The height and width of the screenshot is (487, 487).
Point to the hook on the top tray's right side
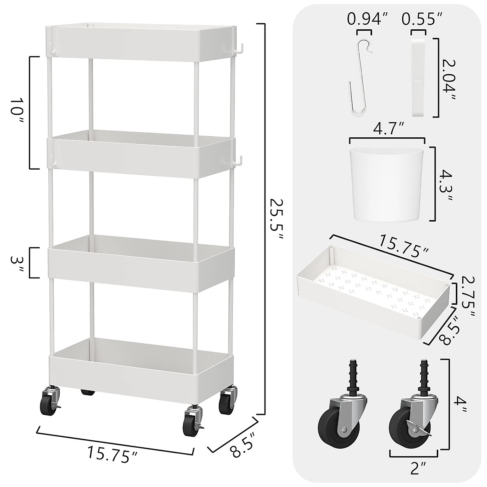tap(239, 48)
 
